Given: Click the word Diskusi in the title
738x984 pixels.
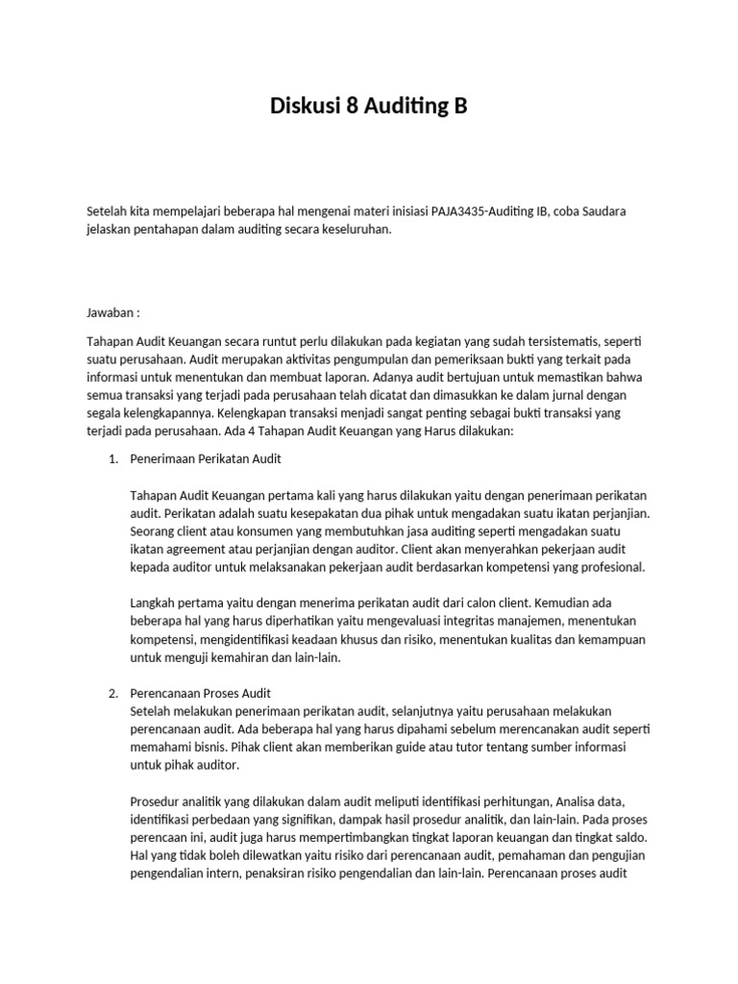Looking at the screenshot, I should click(x=306, y=107).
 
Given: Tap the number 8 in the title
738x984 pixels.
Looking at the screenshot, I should click(x=352, y=107).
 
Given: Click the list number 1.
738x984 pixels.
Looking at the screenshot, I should click(x=112, y=459).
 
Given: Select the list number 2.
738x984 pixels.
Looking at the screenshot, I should click(x=112, y=693).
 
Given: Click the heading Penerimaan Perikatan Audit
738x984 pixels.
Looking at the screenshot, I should click(x=205, y=459).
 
